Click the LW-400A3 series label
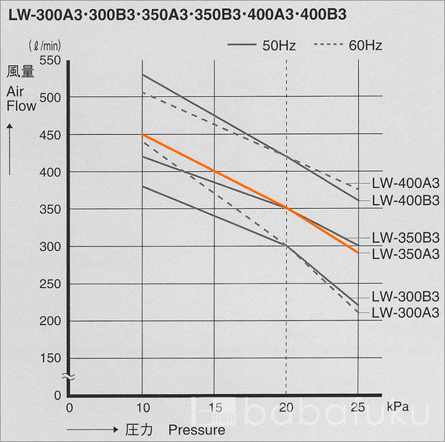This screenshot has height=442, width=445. (406, 184)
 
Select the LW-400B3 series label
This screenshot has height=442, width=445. (406, 200)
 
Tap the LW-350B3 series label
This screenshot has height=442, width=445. (406, 238)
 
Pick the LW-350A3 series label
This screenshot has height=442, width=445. (406, 254)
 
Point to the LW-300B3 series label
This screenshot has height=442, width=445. (406, 296)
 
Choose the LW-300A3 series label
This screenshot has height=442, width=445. (406, 312)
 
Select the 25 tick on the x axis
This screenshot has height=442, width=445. (357, 406)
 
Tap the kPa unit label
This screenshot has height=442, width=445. (397, 406)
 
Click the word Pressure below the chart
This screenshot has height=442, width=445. (196, 429)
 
